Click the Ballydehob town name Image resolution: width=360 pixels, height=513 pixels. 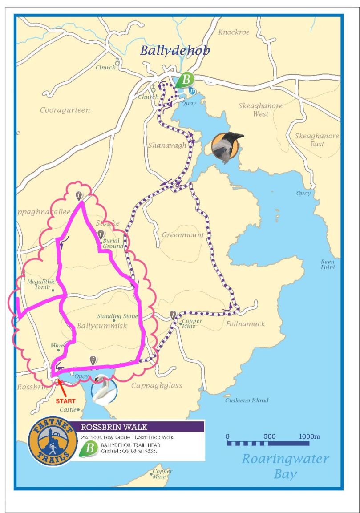tap(175, 50)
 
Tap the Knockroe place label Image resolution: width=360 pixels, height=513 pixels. tap(234, 32)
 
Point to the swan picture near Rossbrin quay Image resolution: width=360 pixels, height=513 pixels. tap(104, 389)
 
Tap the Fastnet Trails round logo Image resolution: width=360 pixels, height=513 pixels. tap(50, 443)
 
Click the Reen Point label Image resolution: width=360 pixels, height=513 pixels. tap(328, 265)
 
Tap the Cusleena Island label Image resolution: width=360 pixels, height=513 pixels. tap(247, 400)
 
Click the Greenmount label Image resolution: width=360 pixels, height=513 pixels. tap(183, 235)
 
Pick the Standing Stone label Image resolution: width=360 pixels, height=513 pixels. tap(115, 316)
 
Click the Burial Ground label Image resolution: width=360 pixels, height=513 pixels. tap(113, 243)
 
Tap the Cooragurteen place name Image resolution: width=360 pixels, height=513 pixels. tap(65, 110)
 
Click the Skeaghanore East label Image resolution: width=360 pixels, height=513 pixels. tap(317, 140)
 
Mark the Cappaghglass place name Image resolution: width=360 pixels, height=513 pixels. tap(156, 386)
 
